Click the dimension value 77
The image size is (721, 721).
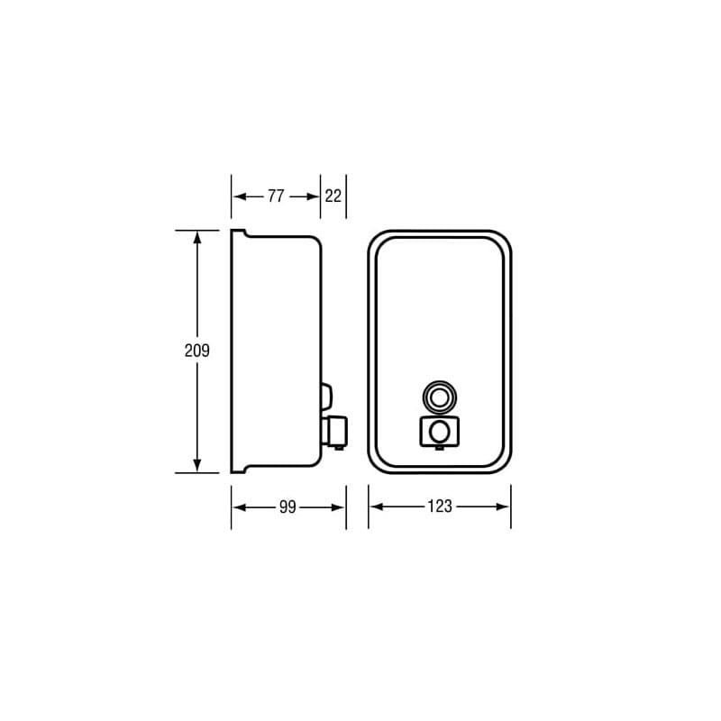276,196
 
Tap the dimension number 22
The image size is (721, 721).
333,196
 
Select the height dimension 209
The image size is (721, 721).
196,351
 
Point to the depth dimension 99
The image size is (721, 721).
287,507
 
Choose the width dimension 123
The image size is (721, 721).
439,507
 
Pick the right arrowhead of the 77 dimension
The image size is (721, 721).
315,196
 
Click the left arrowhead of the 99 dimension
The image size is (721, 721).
238,507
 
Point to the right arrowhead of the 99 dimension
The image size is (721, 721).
340,507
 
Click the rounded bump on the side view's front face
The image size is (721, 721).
326,395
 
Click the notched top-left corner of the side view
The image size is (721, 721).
237,233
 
